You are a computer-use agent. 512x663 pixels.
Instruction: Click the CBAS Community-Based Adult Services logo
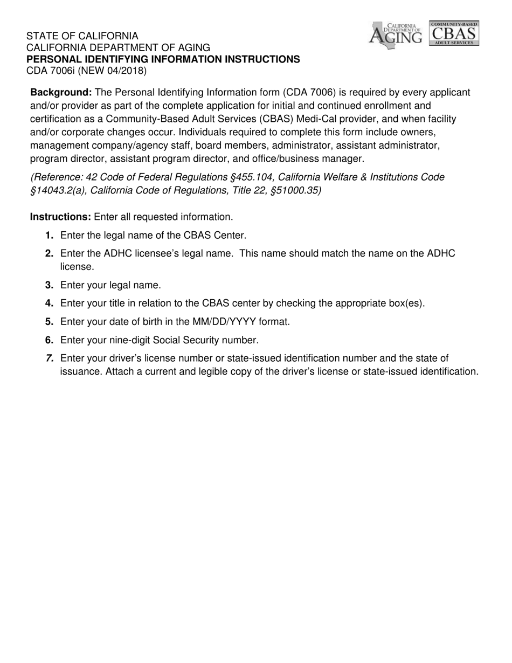click(x=454, y=33)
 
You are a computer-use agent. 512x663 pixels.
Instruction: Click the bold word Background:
click(x=61, y=93)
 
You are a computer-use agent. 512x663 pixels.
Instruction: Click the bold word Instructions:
click(x=60, y=217)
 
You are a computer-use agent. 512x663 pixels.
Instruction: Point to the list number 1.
click(x=50, y=235)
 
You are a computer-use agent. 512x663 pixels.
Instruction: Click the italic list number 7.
click(x=50, y=358)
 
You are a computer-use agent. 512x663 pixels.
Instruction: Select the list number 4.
click(x=50, y=303)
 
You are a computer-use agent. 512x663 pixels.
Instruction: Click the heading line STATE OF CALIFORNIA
click(x=82, y=37)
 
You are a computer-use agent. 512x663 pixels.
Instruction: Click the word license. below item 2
click(x=77, y=267)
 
